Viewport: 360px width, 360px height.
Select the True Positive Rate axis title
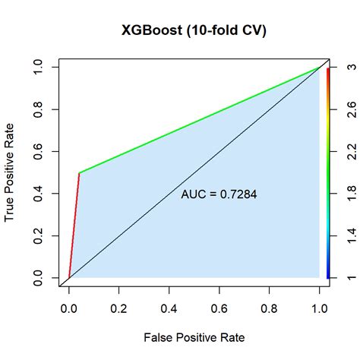(10, 173)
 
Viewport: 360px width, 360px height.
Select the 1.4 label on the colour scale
(347, 242)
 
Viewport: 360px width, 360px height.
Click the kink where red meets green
(78, 173)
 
